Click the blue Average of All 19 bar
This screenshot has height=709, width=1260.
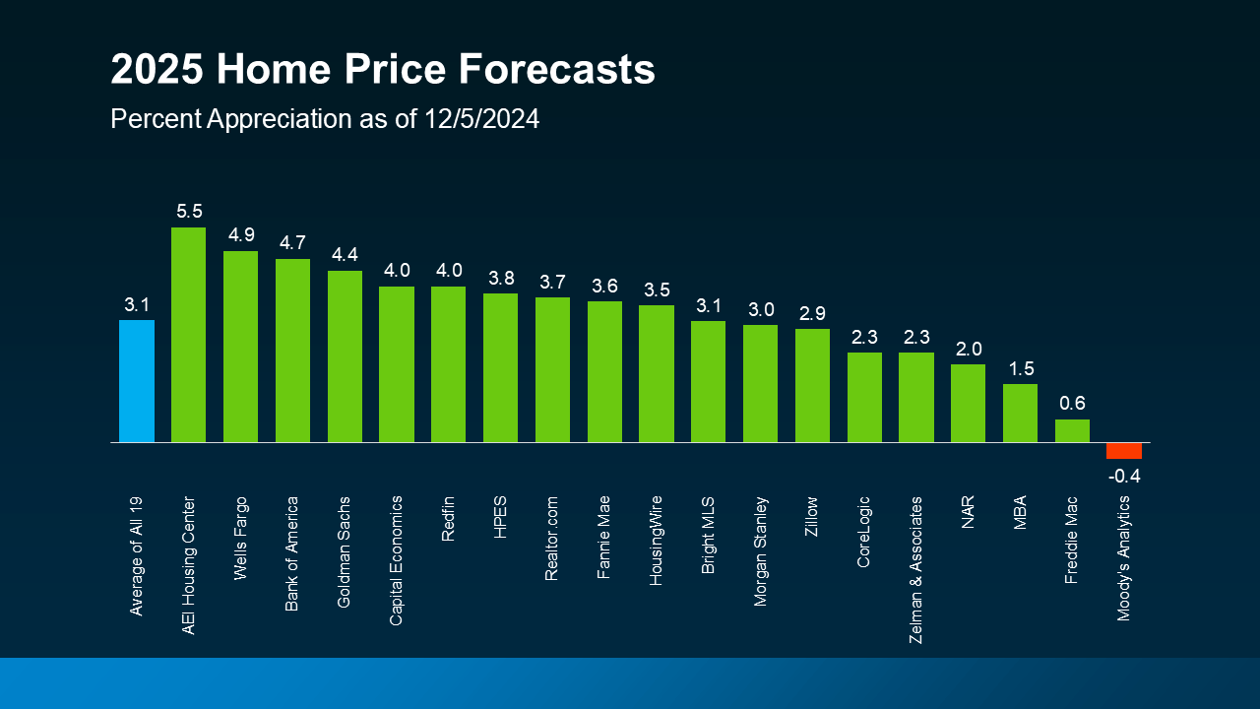click(x=137, y=381)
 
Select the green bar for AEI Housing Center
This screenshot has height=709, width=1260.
click(x=188, y=335)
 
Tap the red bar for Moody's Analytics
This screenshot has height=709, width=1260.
click(x=1123, y=451)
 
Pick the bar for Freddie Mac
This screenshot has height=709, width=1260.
click(x=1072, y=431)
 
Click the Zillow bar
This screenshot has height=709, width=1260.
click(x=812, y=385)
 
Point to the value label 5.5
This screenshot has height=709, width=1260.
click(x=188, y=212)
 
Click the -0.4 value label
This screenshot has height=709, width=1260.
click(x=1123, y=477)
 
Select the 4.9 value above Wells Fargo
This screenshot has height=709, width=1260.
click(x=240, y=235)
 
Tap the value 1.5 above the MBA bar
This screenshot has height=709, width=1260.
click(x=1020, y=368)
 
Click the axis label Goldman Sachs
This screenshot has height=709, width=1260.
click(x=345, y=551)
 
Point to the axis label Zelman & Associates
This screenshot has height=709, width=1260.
click(x=916, y=570)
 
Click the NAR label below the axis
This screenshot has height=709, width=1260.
click(x=968, y=513)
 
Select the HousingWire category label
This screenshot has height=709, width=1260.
click(x=657, y=541)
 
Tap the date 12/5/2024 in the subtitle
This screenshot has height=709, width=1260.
click(x=482, y=119)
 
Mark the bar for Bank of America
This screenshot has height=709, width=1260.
click(x=292, y=351)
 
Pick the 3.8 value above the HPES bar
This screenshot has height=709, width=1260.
click(x=500, y=278)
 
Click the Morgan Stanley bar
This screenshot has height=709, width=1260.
click(x=760, y=383)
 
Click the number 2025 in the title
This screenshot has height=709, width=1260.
click(x=157, y=71)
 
